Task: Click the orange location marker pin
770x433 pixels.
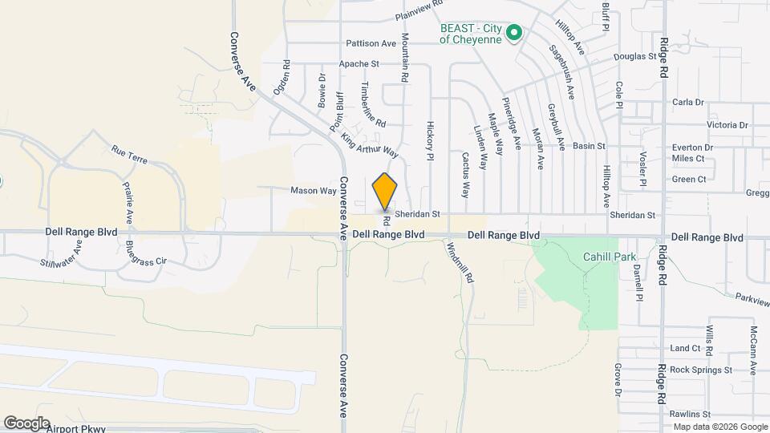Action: pyautogui.click(x=385, y=191)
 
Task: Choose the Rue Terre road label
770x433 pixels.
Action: pyautogui.click(x=129, y=155)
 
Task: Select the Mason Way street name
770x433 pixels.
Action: pyautogui.click(x=314, y=191)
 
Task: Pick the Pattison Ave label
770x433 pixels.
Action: pyautogui.click(x=371, y=43)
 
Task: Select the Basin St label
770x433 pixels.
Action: pyautogui.click(x=590, y=147)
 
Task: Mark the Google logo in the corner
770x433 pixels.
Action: pyautogui.click(x=26, y=423)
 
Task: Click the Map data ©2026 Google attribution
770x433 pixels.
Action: pyautogui.click(x=719, y=427)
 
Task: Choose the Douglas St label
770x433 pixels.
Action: pyautogui.click(x=635, y=57)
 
